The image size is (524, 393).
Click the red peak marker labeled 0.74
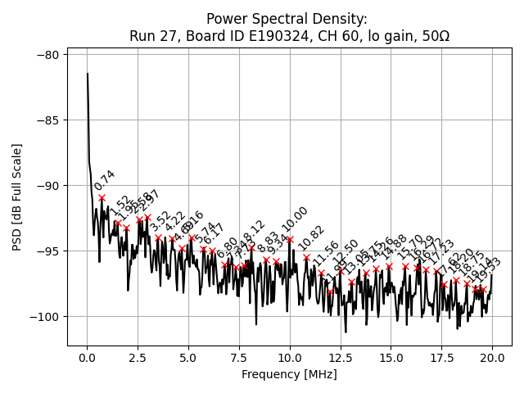pos(102,197)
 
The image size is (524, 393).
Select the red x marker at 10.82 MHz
pos(306,257)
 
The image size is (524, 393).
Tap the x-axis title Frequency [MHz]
pos(289,374)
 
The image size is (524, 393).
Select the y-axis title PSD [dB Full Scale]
pos(17,196)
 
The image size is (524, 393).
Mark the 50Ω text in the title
pos(434,36)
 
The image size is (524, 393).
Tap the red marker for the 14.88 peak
pos(389,266)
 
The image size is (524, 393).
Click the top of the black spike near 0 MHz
pos(88,74)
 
